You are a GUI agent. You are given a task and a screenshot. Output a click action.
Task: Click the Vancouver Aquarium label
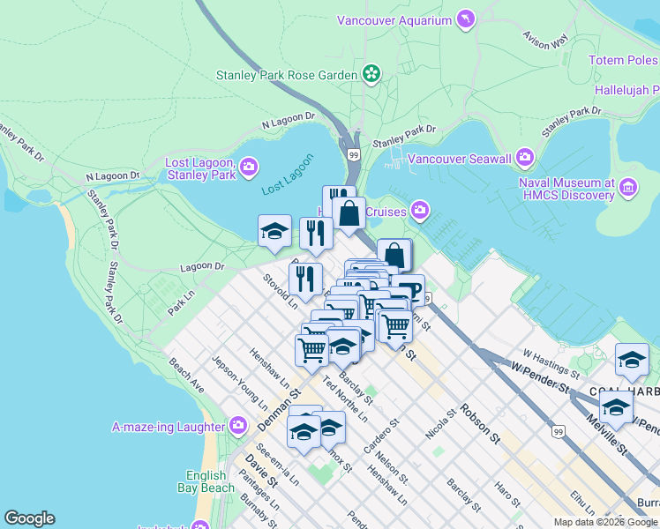coord(394,19)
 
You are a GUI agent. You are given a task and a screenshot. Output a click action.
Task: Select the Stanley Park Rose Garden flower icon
coord(371,74)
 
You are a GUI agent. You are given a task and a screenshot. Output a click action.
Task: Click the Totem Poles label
coord(624,60)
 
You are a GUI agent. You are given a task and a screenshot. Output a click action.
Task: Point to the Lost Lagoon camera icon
coord(249,166)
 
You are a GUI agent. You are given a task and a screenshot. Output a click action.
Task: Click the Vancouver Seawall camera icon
coord(525,158)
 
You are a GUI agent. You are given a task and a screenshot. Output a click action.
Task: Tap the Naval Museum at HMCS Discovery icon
coord(627,186)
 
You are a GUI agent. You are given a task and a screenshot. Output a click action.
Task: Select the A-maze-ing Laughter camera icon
coord(237,427)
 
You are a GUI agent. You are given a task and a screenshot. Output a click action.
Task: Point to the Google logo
coord(29,518)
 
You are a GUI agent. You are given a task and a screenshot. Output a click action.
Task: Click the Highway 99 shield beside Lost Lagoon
coord(353,153)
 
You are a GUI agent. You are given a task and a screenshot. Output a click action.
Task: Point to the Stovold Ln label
coord(280,292)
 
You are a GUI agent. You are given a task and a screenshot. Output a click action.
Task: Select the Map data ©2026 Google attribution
coord(605,522)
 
